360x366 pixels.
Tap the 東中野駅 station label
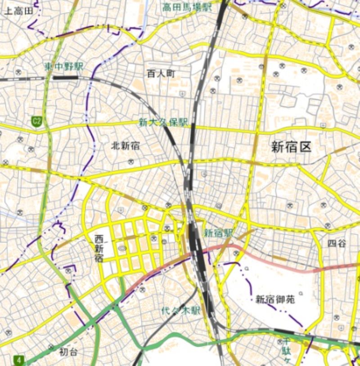pos(64,67)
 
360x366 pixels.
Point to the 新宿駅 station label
pos(219,233)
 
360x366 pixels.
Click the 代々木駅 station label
pos(181,310)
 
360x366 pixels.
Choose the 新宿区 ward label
pos(291,147)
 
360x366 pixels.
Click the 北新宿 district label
pos(125,145)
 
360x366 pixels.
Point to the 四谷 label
pos(337,243)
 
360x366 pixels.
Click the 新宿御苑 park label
pos(275,299)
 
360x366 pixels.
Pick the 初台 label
pos(69,353)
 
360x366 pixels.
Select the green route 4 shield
pos(19,360)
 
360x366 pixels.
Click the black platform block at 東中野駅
pos(66,77)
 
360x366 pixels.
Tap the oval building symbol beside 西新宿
pos(122,248)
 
